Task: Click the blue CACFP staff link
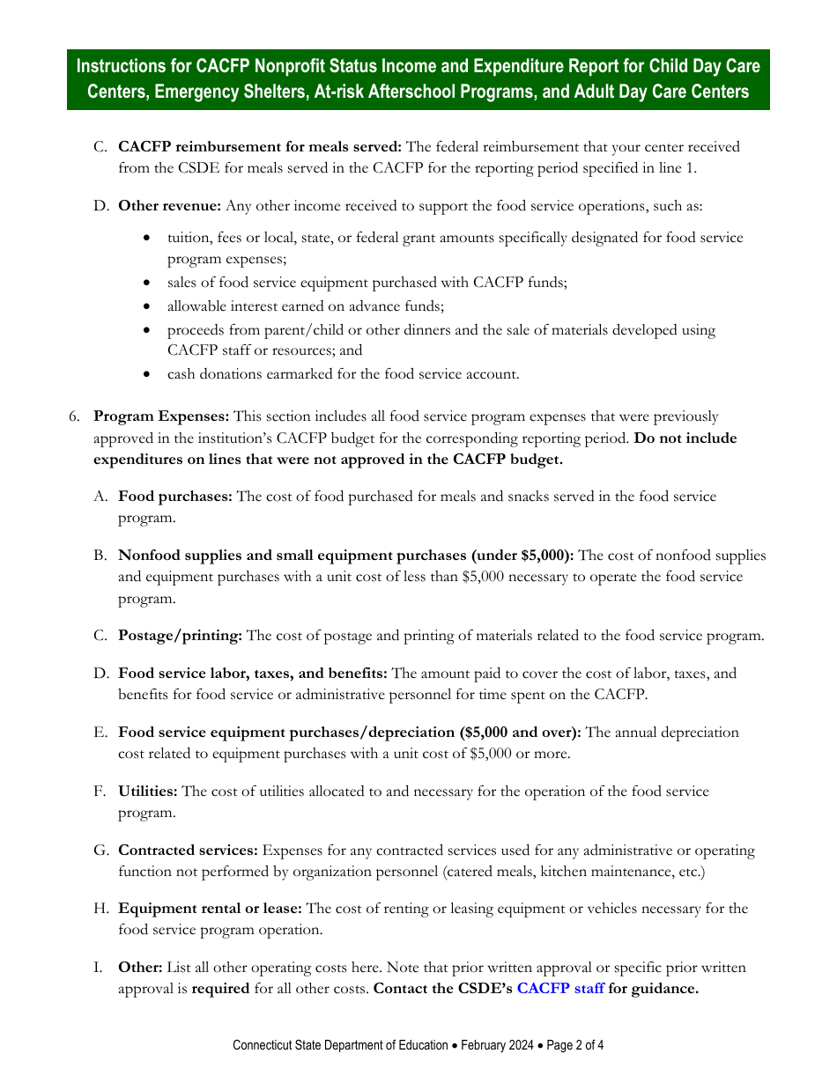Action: [559, 989]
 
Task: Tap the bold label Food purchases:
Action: [175, 497]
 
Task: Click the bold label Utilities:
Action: [148, 792]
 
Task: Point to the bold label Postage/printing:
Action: [180, 636]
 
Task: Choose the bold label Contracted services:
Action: [188, 851]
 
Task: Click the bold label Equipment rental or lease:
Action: [210, 909]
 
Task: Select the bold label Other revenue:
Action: [170, 206]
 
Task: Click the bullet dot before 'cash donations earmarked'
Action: [146, 375]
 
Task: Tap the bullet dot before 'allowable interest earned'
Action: [146, 307]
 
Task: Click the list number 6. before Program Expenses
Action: [75, 416]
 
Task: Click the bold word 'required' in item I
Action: [220, 989]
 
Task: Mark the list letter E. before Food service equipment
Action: [100, 733]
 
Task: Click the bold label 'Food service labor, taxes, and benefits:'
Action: [253, 674]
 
